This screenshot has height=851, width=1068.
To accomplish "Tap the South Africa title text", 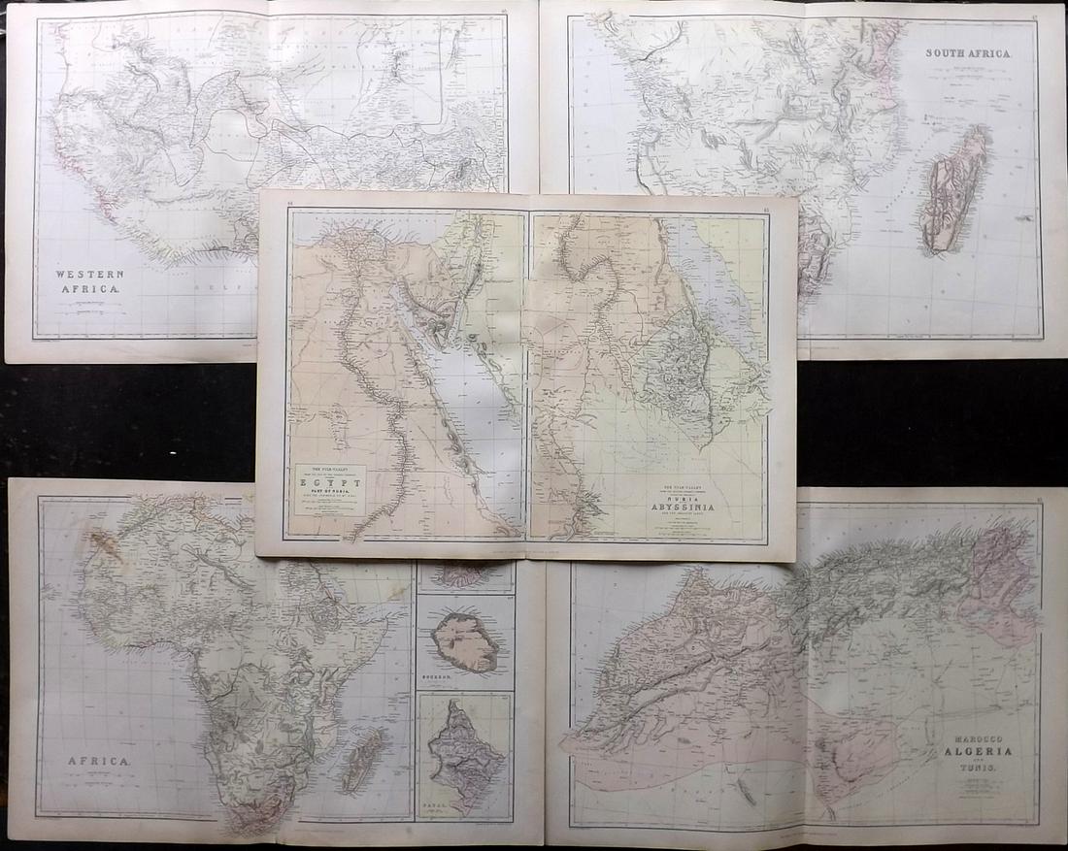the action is tap(966, 54).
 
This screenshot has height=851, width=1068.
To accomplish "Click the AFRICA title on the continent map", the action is tap(97, 762).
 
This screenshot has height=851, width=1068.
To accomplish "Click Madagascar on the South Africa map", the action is tap(954, 190).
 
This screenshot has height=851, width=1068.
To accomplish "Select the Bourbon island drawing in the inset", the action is tap(465, 642).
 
